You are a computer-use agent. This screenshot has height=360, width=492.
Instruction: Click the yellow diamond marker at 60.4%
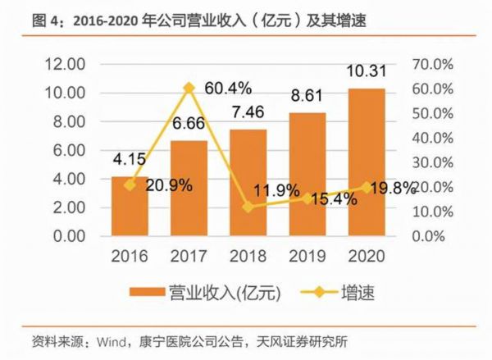[x=189, y=87]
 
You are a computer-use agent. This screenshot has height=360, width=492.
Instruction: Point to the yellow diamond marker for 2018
[x=247, y=207]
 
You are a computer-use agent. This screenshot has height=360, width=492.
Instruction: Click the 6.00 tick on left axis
[x=70, y=150]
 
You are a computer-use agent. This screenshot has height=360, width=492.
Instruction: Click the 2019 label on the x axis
[x=306, y=256]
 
